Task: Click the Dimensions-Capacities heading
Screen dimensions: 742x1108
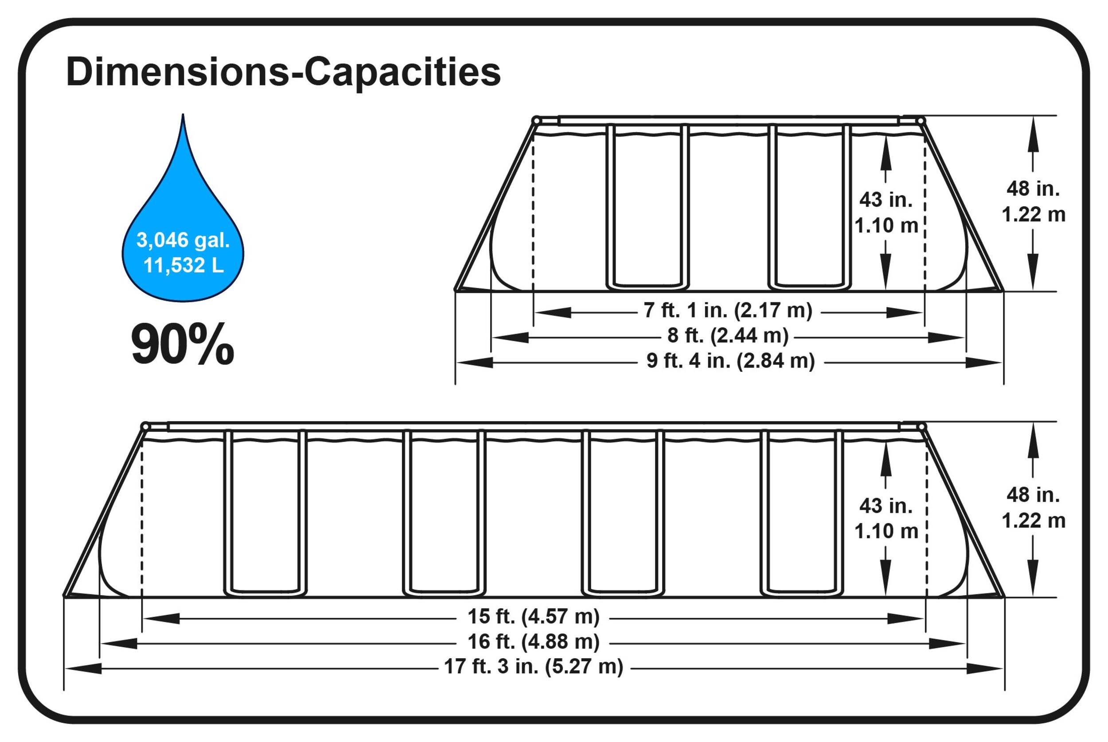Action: point(283,72)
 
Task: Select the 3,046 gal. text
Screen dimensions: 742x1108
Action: point(183,240)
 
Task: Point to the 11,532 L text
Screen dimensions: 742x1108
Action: point(183,265)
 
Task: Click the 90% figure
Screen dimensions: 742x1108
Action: point(182,344)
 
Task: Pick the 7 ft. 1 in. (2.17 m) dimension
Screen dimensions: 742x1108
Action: point(728,310)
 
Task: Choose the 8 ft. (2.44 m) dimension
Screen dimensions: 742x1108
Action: point(728,336)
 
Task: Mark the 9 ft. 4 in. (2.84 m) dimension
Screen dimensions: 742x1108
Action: point(730,361)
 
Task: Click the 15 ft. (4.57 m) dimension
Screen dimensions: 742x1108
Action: point(533,617)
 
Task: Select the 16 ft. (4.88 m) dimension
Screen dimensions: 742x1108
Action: point(533,642)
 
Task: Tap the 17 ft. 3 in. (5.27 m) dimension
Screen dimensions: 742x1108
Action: point(533,667)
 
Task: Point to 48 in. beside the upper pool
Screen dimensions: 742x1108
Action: point(1033,189)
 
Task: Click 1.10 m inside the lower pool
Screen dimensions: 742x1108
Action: point(886,531)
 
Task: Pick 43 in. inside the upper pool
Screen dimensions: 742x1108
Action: point(886,200)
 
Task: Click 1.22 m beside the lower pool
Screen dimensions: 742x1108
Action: point(1033,521)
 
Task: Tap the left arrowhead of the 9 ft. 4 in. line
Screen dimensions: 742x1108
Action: point(475,363)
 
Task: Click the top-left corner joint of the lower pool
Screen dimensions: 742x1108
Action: point(145,427)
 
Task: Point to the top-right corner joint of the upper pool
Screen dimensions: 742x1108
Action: point(920,121)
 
